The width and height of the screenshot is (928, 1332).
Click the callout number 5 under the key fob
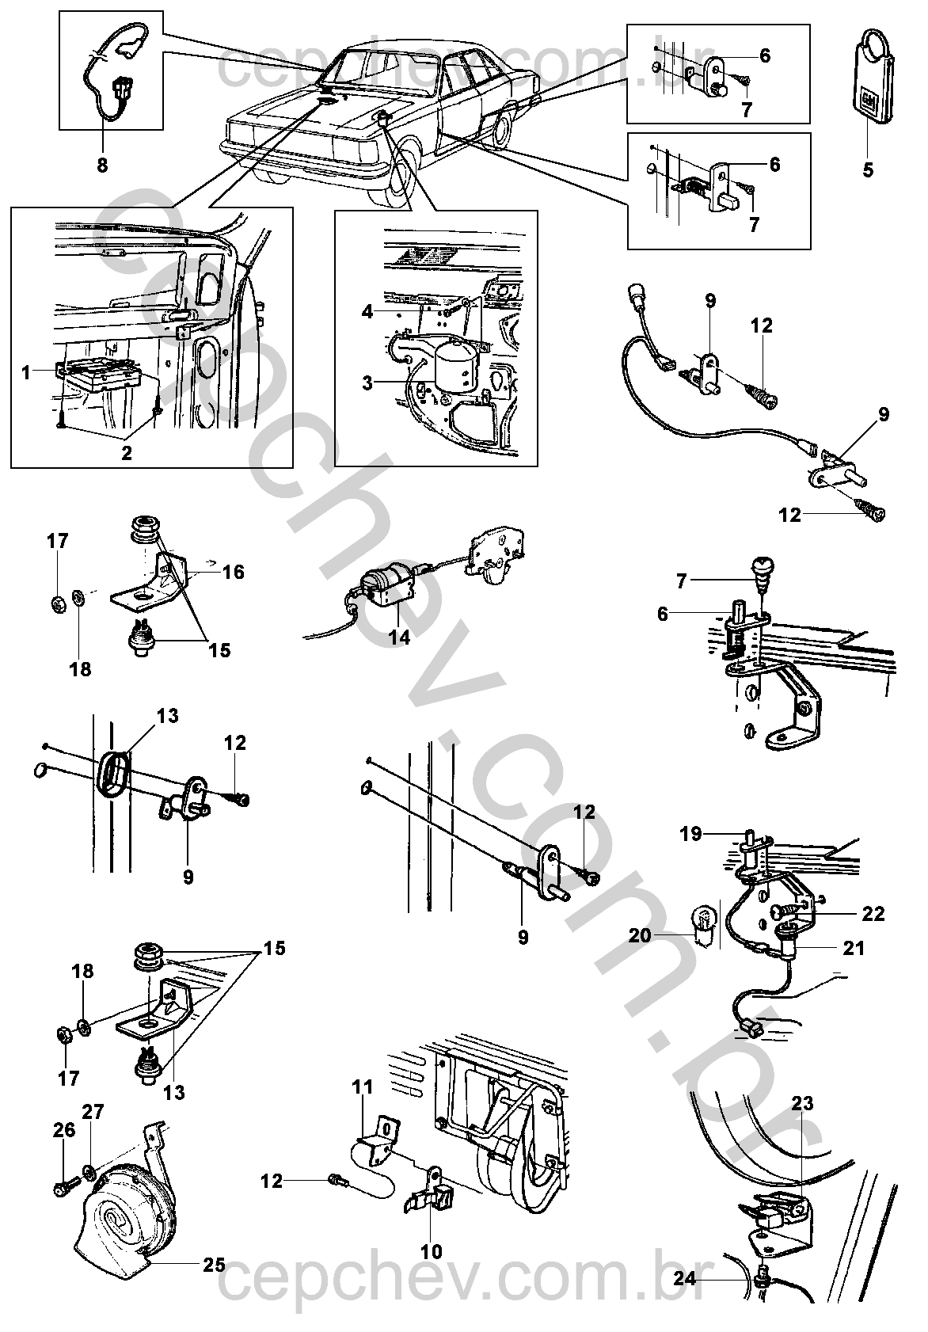(x=867, y=170)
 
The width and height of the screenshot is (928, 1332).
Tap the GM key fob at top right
(x=873, y=79)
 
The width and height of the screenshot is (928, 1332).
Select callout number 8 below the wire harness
(x=102, y=165)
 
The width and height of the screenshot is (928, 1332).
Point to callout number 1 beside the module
(x=25, y=373)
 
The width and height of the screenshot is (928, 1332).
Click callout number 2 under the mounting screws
(x=127, y=452)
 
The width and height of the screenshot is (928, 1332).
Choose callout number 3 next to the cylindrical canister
(x=367, y=383)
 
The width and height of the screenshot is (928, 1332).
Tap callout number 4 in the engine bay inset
(x=367, y=310)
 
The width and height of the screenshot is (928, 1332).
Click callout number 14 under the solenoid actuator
(x=400, y=637)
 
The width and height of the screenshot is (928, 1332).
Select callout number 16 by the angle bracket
(x=233, y=572)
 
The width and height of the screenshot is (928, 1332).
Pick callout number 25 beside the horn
(x=214, y=1264)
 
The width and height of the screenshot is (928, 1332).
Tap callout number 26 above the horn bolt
(x=64, y=1129)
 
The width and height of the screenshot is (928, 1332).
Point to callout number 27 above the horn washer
(x=93, y=1111)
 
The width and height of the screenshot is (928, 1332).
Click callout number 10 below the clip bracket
(x=432, y=1251)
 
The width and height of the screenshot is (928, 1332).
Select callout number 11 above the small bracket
(x=363, y=1087)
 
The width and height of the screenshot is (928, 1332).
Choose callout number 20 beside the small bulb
(x=641, y=935)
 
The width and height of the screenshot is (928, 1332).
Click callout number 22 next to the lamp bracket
(x=873, y=913)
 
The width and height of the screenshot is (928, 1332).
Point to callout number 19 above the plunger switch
(x=690, y=835)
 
